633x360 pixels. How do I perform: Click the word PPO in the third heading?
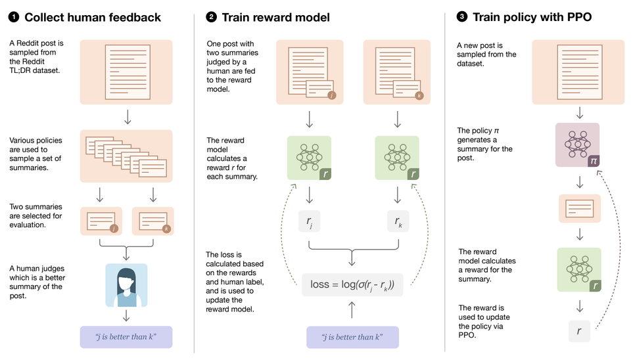[573, 18]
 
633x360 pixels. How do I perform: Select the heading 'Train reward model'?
[277, 18]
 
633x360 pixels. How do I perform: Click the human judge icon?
[126, 285]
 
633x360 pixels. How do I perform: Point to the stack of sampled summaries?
[126, 156]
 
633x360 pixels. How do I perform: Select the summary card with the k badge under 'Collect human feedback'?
[152, 222]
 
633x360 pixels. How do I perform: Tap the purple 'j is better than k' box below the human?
[126, 337]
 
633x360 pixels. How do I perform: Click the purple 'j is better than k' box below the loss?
[352, 337]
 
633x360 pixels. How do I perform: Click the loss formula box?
[352, 284]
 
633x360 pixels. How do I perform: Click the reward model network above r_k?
[396, 158]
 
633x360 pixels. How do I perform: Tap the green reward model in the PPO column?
[578, 269]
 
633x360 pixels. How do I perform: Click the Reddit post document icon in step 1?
[126, 71]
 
